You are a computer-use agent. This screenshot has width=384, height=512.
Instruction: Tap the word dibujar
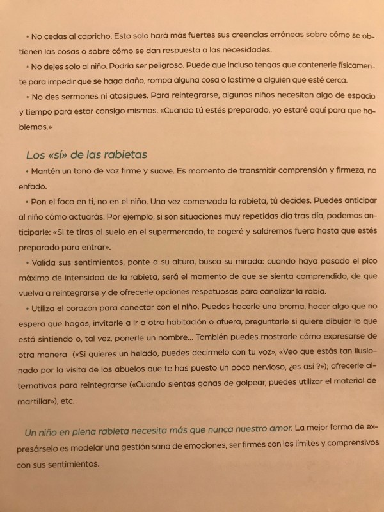pyautogui.click(x=332, y=323)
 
